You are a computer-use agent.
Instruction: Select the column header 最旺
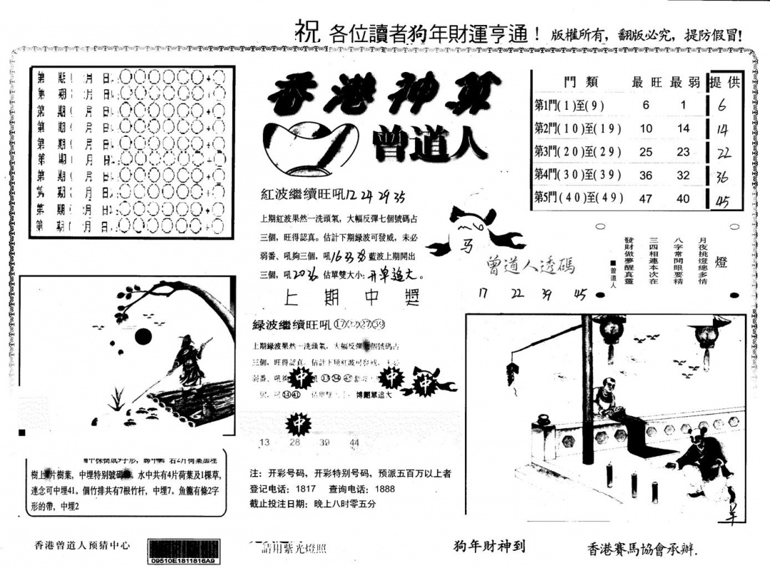[647, 83]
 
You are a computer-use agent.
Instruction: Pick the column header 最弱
[684, 83]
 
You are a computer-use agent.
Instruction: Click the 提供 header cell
[724, 83]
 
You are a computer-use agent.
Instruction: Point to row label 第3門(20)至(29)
[577, 151]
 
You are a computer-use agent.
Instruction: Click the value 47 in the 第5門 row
[646, 199]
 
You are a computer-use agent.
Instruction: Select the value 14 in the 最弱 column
[684, 129]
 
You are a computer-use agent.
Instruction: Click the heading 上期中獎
[351, 297]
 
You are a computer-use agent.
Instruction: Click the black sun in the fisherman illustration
[143, 336]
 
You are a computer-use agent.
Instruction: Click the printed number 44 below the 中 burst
[354, 443]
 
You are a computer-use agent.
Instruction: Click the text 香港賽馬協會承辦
[640, 549]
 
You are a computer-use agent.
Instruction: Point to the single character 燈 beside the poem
[721, 262]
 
